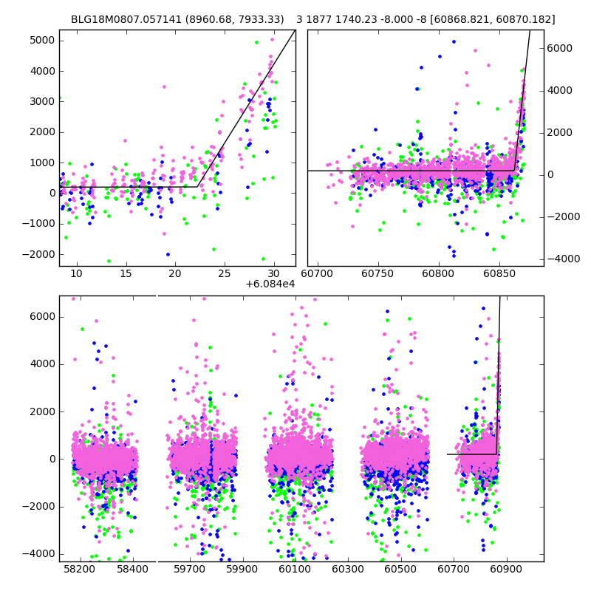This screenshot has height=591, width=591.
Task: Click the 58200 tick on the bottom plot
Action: point(80,570)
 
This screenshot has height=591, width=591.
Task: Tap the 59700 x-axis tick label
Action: point(189,570)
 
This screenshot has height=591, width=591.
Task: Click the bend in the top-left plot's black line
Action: point(197,187)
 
